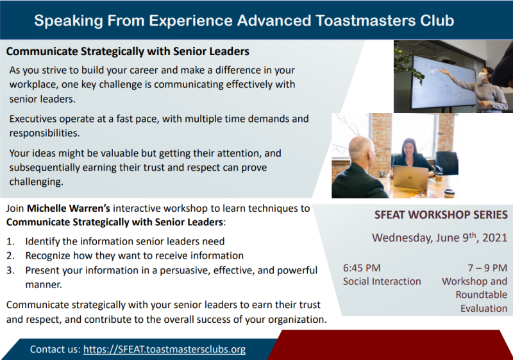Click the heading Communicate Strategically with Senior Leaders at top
(x=128, y=51)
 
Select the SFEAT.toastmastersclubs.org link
(x=164, y=350)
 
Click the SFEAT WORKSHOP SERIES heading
(x=441, y=215)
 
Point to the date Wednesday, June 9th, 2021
(x=439, y=237)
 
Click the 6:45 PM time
(x=362, y=268)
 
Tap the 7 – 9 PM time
(x=487, y=268)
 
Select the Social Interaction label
(x=382, y=281)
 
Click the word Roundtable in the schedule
(x=482, y=295)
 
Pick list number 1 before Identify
(x=10, y=241)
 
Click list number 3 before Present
(x=10, y=270)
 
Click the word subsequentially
(x=44, y=167)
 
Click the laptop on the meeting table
(x=410, y=177)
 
